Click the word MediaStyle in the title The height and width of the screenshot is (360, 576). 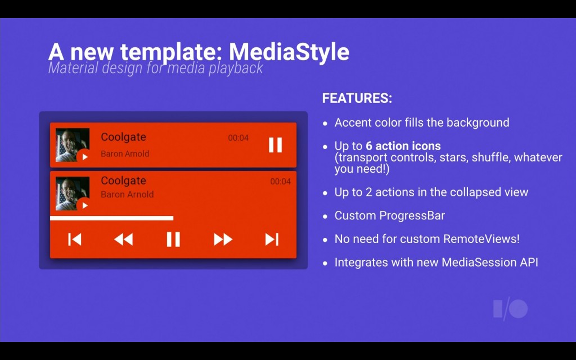coord(289,52)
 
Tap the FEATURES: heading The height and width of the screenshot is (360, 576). coord(357,98)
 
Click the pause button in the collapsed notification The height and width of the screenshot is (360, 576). coord(275,145)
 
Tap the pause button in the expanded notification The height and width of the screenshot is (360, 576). coord(173,240)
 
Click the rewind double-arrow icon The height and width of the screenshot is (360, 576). coord(123,240)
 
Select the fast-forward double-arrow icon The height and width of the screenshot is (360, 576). coord(223,240)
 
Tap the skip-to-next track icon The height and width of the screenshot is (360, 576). coord(272,240)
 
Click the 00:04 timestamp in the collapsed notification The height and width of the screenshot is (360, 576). coord(238,138)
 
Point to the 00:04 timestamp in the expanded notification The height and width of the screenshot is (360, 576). coord(280,182)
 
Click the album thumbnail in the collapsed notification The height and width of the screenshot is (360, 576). coord(73,145)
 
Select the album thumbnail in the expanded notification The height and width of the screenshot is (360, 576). coord(73,193)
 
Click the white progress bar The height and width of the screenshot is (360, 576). coord(112,218)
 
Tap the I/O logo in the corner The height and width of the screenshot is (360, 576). coord(510,309)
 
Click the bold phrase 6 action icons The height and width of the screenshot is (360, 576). coord(403,146)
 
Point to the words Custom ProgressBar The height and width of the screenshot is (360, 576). coord(389,215)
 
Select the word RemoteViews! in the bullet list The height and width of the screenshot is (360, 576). coord(481,238)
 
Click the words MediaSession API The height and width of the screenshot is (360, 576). coord(490,262)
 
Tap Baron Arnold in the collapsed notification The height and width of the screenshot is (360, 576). coord(125,154)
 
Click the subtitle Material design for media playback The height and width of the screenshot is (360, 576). coord(155,68)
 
